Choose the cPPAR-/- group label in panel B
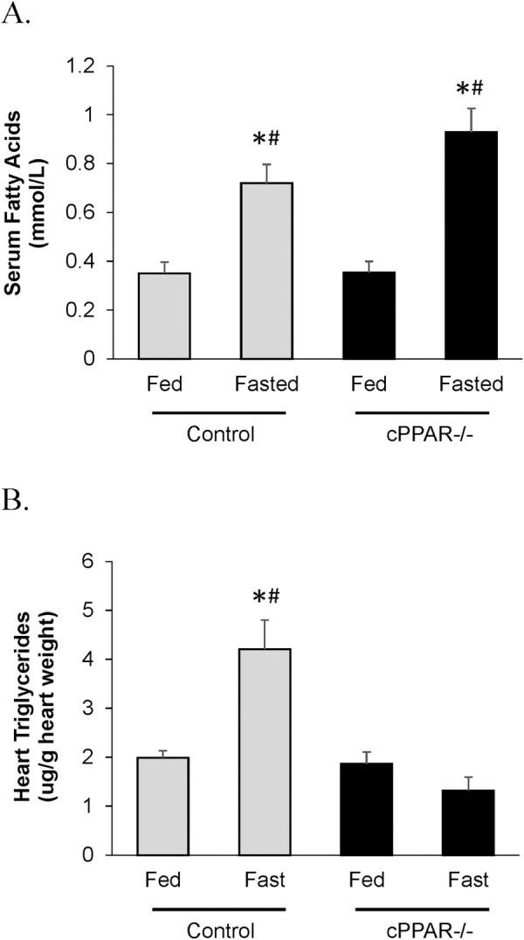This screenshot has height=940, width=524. [423, 927]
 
